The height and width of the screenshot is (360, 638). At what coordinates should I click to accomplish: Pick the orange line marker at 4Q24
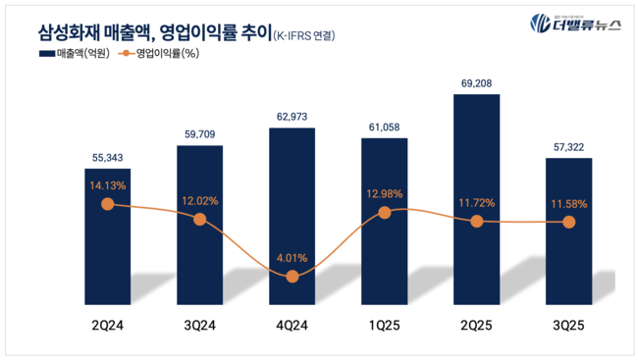(x=292, y=278)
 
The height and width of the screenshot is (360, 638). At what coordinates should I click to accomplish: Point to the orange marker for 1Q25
(x=384, y=212)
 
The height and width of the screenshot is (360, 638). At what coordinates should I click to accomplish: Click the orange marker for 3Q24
(x=200, y=219)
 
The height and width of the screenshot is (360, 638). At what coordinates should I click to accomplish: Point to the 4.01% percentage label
(x=292, y=258)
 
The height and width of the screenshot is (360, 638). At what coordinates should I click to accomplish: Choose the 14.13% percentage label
(x=108, y=182)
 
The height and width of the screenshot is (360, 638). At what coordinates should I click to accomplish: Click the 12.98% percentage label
(x=384, y=190)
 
